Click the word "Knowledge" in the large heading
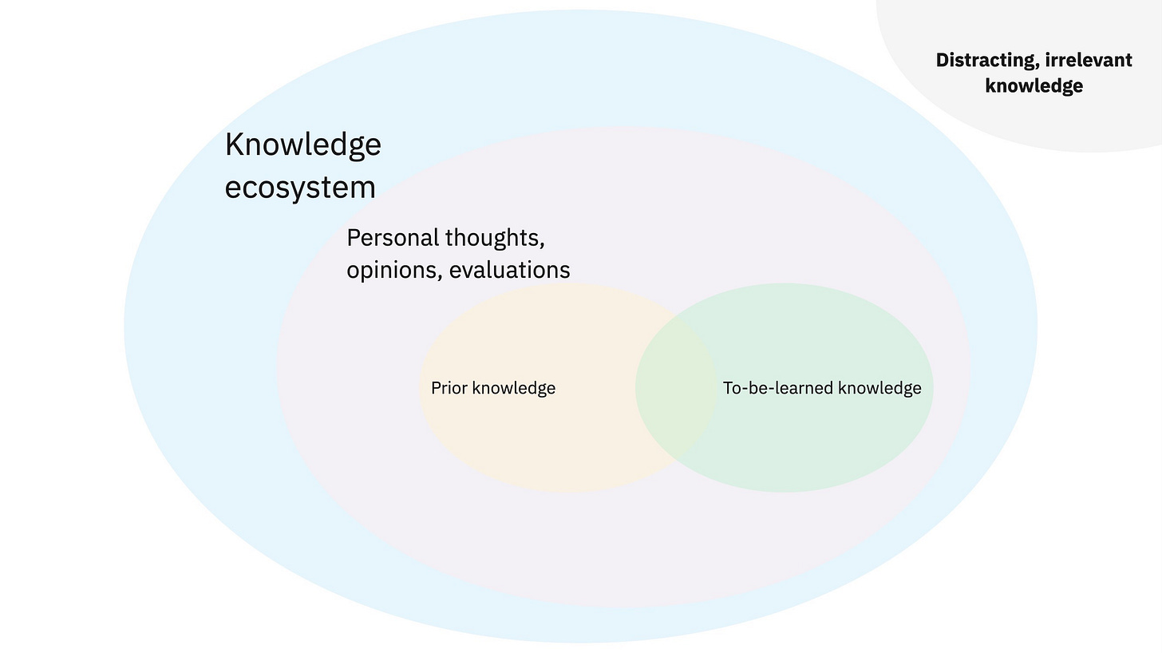click(x=303, y=145)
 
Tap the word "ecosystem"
click(x=300, y=188)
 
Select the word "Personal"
click(x=393, y=238)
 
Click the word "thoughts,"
click(x=495, y=238)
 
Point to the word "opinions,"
click(x=394, y=271)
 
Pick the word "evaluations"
click(x=510, y=271)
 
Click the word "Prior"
click(x=449, y=389)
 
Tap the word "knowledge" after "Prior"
click(x=514, y=389)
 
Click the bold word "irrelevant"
click(x=1089, y=61)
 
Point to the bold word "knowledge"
click(x=1034, y=86)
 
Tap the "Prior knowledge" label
click(x=493, y=389)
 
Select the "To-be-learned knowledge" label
click(x=822, y=389)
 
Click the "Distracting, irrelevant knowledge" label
click(x=1034, y=73)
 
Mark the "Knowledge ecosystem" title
click(x=303, y=166)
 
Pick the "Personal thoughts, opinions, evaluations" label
click(x=458, y=254)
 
